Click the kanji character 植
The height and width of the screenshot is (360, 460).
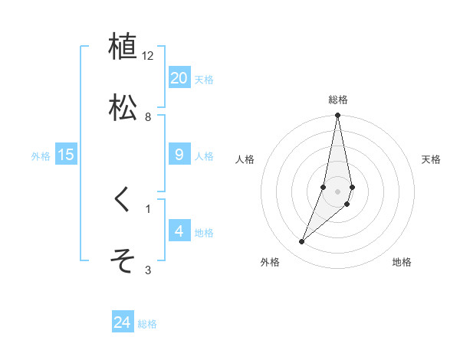point(123,47)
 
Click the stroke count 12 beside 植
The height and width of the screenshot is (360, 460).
point(148,56)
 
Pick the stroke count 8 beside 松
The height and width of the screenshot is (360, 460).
point(148,117)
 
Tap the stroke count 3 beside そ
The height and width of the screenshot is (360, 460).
point(148,270)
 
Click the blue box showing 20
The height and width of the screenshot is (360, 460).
point(179,78)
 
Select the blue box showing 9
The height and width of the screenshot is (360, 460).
point(179,155)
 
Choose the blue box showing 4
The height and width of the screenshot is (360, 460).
point(179,231)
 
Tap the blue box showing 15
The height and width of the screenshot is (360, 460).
point(66,155)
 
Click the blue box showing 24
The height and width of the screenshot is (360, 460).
point(123,322)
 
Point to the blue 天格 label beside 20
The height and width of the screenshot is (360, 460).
point(204,80)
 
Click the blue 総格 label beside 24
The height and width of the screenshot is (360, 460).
point(147,324)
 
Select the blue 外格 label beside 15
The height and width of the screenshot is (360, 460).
point(41,156)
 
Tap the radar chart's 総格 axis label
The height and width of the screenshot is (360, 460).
point(337,100)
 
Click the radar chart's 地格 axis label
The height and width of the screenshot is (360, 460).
point(402,263)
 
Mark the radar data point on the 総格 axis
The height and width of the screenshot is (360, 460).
point(337,116)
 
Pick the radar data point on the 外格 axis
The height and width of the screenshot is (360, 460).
point(301,242)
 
